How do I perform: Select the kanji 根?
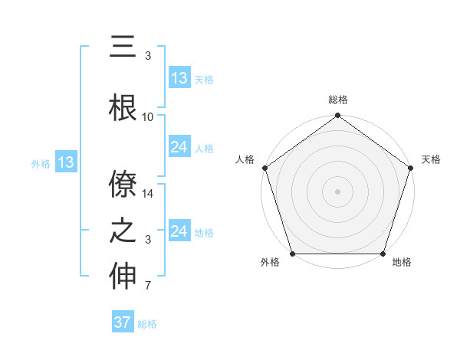tap(123, 107)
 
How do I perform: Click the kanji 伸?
tap(123, 277)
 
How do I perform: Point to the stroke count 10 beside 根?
tap(148, 117)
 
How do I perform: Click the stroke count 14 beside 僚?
tap(148, 195)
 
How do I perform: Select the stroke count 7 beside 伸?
tap(148, 286)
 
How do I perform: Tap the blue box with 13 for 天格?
tap(179, 78)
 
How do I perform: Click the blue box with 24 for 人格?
tap(179, 148)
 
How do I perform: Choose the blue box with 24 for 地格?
tap(179, 231)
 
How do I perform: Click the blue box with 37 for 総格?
tap(123, 322)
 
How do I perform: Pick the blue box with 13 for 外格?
tap(65, 162)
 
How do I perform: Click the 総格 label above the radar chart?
tap(337, 100)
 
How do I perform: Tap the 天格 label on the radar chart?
tap(431, 159)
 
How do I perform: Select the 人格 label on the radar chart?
tap(245, 159)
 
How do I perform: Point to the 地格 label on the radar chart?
tap(402, 263)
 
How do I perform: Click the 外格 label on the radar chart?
tap(270, 263)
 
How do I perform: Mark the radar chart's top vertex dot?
tap(337, 116)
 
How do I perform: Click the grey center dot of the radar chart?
tap(337, 191)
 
